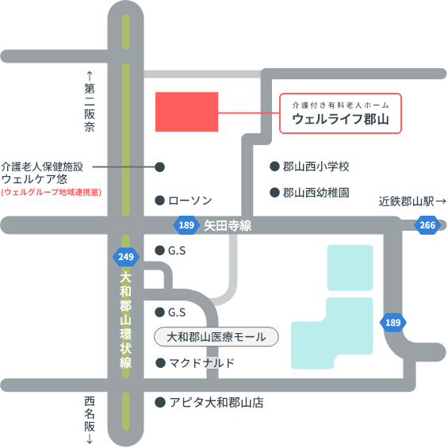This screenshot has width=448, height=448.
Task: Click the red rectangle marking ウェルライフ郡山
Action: pos(186,112)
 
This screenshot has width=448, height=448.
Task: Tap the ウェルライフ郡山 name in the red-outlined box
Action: pos(340,119)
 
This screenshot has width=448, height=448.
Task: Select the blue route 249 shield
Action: pos(126,257)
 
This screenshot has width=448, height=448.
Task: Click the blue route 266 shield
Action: pos(427,225)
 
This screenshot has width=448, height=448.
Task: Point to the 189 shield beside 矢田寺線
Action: pos(186,225)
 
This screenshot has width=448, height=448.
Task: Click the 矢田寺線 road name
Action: pos(228,226)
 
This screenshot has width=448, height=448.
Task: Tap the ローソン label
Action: pos(190,201)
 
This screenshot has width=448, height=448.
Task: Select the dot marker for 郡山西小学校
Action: pos(274,167)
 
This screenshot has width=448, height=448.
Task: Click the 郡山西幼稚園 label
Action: pos(316,193)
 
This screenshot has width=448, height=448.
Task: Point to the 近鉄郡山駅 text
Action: pos(406,201)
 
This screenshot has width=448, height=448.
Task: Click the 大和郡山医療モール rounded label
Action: pos(216,337)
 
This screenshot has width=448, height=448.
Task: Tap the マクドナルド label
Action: pos(201,363)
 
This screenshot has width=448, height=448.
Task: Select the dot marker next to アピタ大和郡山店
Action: pos(160,402)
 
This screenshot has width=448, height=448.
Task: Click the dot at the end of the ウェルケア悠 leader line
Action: pos(159,167)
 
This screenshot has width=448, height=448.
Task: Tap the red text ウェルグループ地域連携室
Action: pos(51,192)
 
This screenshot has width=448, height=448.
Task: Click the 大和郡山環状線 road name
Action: pos(126,320)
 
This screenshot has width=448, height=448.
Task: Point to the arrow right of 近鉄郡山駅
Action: pos(441,201)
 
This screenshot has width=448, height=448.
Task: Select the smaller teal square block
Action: pos(350,268)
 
